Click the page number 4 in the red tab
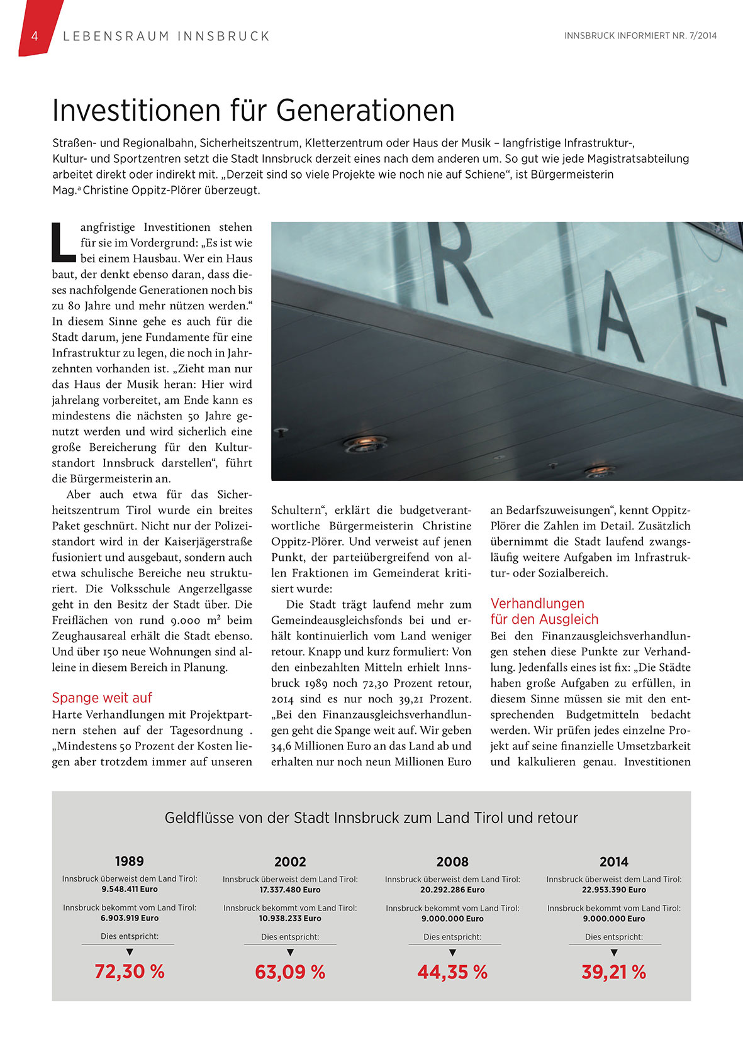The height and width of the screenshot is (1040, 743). click(35, 36)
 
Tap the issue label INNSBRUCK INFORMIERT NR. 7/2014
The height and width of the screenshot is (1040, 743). click(640, 36)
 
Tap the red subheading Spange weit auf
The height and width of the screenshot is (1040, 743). click(102, 698)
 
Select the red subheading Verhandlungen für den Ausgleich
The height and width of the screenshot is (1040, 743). click(544, 611)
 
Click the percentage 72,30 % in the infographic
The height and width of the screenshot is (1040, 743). click(130, 971)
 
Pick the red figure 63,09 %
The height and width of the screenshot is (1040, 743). click(290, 972)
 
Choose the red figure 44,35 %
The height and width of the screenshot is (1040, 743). click(452, 972)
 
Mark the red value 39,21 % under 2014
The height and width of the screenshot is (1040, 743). click(614, 972)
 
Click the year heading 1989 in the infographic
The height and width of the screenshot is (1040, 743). click(130, 861)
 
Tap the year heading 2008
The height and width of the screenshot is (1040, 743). click(452, 861)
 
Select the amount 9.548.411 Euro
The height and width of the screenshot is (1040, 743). click(130, 889)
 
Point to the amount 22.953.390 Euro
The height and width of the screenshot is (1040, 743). click(614, 890)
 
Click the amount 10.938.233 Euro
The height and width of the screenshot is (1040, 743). click(290, 919)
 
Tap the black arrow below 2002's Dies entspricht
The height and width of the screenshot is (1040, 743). click(290, 953)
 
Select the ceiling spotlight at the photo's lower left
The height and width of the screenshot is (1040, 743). click(365, 445)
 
